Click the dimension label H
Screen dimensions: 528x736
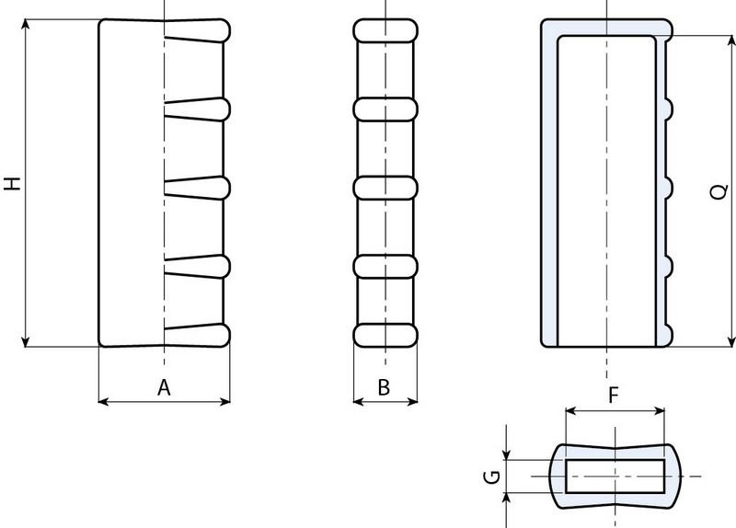[x=12, y=183]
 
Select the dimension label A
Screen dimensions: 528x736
[x=164, y=388]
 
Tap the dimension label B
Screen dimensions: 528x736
[x=385, y=388]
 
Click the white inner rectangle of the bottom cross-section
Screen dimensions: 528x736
[x=614, y=476]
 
